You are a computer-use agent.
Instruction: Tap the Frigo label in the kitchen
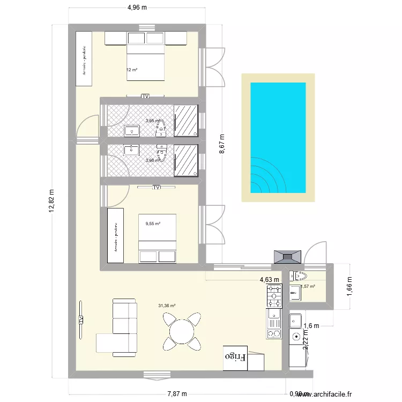[x=235, y=355]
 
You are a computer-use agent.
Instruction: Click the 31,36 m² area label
[x=167, y=306]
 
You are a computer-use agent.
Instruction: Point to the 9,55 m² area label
[x=153, y=224]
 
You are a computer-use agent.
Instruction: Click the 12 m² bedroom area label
[x=132, y=70]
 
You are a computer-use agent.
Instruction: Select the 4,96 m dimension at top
[x=137, y=8]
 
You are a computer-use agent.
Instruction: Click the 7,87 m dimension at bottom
[x=176, y=394]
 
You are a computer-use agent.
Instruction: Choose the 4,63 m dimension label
[x=269, y=279]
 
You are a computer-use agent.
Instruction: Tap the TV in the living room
[x=81, y=319]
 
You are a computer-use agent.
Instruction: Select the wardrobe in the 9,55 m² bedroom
[x=115, y=236]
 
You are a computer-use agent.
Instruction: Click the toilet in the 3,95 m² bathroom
[x=160, y=127]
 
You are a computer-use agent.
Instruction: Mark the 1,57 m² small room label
[x=308, y=286]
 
